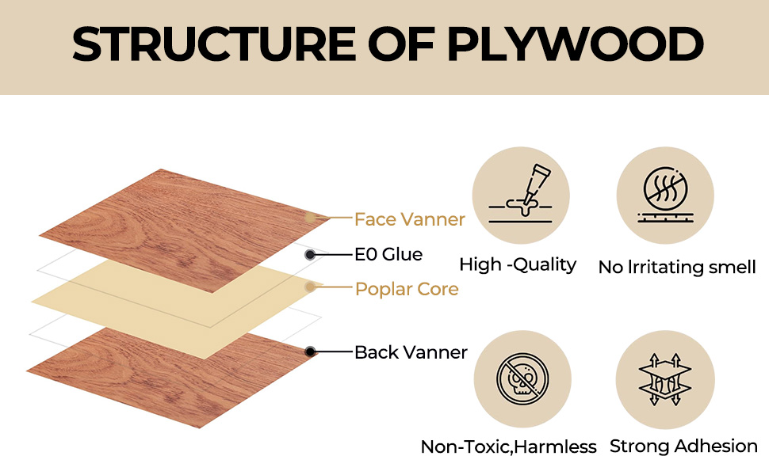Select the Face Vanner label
[409, 219]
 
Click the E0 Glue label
[388, 254]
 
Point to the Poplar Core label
[407, 289]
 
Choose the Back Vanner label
[411, 351]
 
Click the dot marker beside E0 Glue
[311, 254]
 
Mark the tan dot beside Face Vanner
[311, 217]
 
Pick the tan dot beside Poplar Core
[311, 287]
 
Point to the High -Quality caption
[518, 264]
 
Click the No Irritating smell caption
[677, 267]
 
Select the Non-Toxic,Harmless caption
[508, 447]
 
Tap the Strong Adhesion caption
[683, 446]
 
